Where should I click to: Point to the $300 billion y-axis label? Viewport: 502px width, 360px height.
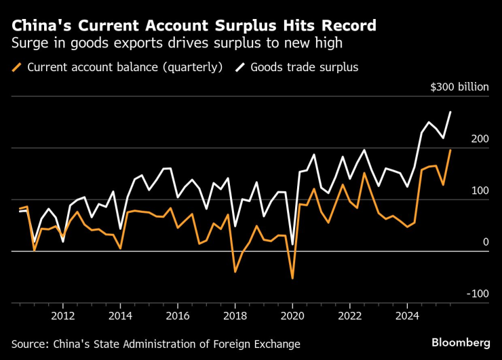(459, 87)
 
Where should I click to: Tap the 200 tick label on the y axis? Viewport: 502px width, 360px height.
(479, 139)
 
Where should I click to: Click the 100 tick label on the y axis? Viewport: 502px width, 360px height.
(479, 191)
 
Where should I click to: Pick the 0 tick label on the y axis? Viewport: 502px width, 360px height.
(485, 242)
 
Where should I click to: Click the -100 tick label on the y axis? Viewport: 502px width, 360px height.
(477, 294)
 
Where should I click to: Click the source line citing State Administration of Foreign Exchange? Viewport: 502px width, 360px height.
(155, 344)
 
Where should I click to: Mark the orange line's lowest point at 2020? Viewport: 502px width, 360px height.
(292, 278)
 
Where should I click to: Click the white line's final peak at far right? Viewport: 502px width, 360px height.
(450, 112)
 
